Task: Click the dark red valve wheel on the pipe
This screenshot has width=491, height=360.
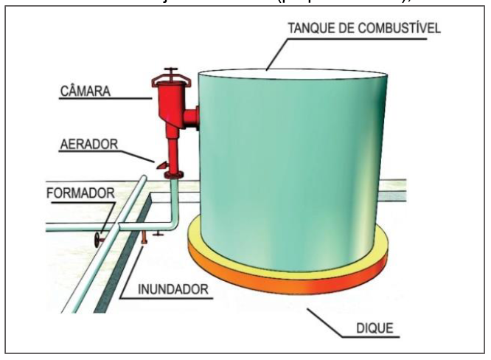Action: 98,239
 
